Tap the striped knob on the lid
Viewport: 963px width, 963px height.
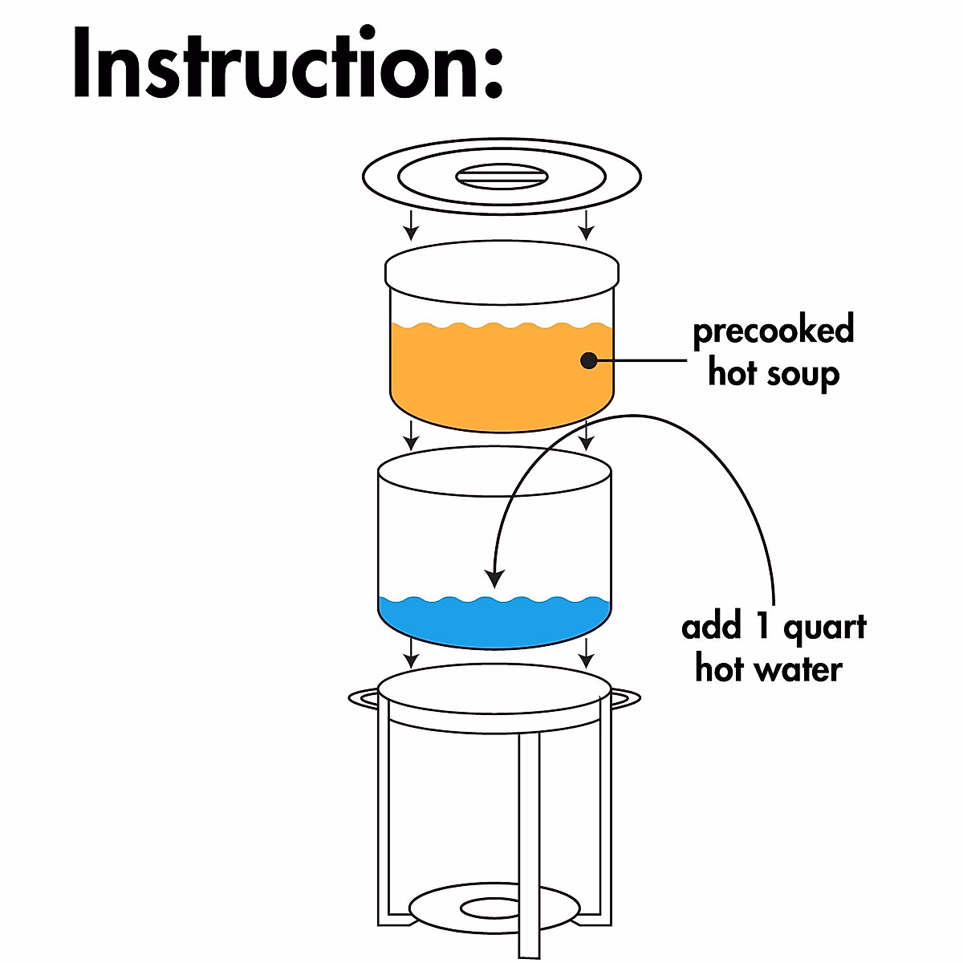click(x=501, y=176)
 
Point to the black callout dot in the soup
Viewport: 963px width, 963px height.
click(x=590, y=360)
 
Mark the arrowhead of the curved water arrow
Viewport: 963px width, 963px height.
click(x=496, y=576)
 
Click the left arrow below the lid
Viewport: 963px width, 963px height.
click(x=411, y=226)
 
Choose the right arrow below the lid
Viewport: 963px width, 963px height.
click(x=587, y=226)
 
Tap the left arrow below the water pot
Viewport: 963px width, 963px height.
click(x=411, y=654)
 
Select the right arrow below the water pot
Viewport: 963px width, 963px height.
click(x=587, y=654)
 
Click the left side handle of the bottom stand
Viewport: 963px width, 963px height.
click(x=363, y=698)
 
